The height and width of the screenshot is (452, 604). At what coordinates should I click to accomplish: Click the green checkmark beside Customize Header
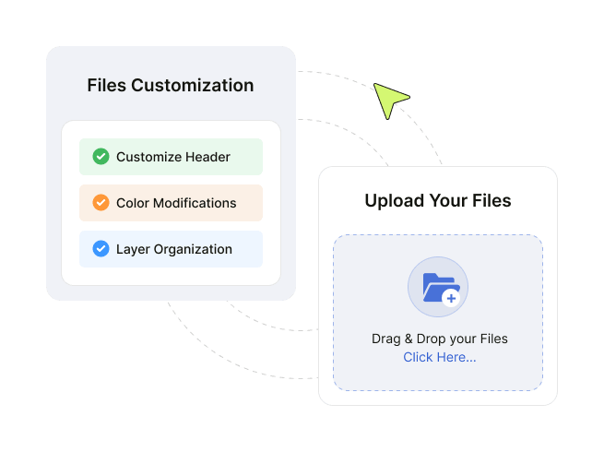pos(101,157)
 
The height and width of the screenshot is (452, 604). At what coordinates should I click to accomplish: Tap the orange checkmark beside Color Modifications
pos(101,203)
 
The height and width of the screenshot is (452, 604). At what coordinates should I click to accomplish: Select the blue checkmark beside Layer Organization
pos(101,248)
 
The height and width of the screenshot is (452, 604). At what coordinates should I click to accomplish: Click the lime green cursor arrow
pos(389,99)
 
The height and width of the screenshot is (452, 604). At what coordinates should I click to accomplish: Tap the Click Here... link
pos(440,357)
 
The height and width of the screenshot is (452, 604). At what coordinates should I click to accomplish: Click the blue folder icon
pos(439,288)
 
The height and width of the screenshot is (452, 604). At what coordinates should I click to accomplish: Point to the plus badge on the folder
pos(451,298)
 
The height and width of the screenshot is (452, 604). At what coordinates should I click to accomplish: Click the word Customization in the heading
pos(192,85)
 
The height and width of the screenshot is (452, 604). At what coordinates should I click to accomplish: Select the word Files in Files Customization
pos(107,85)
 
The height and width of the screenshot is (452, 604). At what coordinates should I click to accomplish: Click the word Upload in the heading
pos(395,201)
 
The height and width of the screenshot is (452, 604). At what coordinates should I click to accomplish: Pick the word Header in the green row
pos(207,157)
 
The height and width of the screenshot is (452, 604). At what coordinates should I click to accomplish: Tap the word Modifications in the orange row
pos(195,203)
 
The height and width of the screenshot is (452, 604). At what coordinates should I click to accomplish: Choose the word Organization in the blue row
pos(193,249)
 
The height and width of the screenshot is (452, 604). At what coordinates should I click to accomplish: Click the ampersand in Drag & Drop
pos(409,339)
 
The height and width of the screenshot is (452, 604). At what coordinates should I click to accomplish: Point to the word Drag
pos(386,339)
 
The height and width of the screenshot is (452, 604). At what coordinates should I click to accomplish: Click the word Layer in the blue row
pos(133,249)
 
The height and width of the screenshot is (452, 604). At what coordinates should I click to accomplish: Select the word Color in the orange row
pos(133,203)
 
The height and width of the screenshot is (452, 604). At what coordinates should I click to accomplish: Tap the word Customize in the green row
pos(149,157)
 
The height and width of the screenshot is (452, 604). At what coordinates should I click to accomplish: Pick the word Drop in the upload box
pos(431,339)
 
